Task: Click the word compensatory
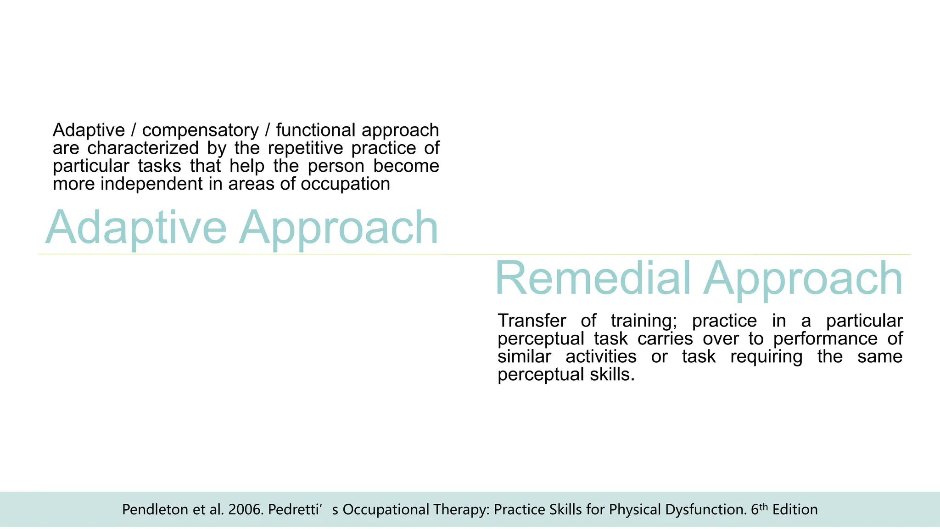(x=200, y=131)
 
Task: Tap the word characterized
(x=143, y=148)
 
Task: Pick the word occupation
(x=345, y=185)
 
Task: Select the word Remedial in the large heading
(x=593, y=279)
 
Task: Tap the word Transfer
(x=532, y=321)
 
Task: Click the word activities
(x=601, y=357)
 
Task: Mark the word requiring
(x=766, y=357)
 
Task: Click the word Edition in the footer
(x=795, y=510)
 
